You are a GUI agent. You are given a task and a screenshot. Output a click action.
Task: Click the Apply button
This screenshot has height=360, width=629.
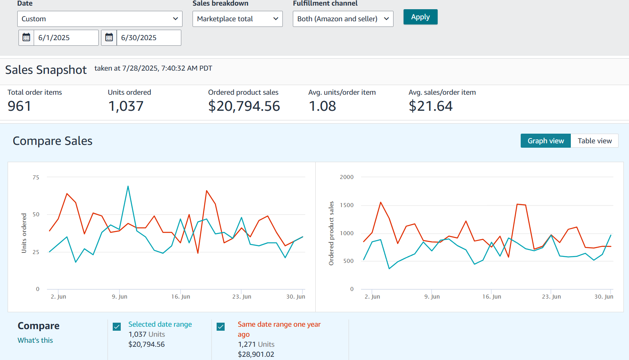(420, 17)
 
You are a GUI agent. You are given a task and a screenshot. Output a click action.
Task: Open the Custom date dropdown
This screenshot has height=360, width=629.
(99, 19)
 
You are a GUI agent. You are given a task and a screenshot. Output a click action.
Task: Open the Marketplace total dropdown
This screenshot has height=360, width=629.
(237, 19)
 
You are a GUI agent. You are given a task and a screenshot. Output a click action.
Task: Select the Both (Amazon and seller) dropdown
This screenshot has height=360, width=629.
(343, 19)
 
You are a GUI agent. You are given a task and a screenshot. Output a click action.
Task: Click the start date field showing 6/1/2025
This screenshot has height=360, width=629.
(66, 38)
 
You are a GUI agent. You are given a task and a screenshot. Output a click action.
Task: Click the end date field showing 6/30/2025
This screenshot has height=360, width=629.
(148, 38)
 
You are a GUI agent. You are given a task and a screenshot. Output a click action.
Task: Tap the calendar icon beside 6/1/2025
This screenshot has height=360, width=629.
(26, 38)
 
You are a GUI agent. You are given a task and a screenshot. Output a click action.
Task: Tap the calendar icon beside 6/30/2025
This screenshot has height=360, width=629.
(109, 38)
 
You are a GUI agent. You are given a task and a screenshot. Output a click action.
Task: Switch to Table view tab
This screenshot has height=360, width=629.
(595, 141)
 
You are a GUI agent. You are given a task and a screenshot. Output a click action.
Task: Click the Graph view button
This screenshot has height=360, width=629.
(546, 141)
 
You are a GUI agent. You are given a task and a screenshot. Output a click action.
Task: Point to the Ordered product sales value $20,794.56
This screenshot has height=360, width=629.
(244, 106)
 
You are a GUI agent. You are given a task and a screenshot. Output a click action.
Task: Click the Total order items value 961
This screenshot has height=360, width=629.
(19, 106)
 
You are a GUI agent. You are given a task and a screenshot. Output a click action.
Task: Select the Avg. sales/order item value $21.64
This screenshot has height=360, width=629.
(430, 106)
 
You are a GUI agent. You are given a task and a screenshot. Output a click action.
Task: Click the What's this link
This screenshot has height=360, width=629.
(35, 340)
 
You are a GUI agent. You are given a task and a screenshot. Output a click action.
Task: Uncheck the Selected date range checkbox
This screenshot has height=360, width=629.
(117, 327)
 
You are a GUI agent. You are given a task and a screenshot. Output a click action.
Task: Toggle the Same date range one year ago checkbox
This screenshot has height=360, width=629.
(221, 327)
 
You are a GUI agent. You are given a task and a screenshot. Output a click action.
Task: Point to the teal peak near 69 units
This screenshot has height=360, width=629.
(128, 186)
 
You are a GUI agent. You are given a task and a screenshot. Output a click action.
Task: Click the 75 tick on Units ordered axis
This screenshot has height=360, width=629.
(36, 177)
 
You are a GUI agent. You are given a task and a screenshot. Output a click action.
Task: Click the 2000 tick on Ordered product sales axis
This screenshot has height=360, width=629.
(347, 177)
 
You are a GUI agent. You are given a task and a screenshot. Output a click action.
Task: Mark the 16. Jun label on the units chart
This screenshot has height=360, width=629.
(181, 297)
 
